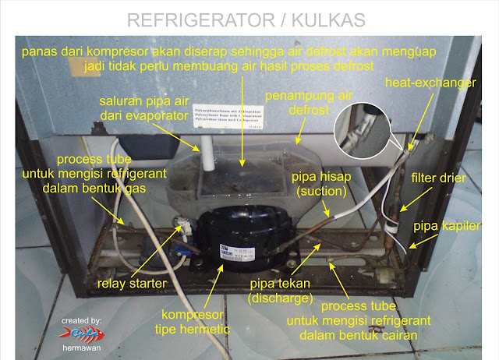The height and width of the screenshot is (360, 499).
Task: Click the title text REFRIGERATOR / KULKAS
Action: (x=249, y=17)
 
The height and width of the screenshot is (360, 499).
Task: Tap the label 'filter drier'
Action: (x=438, y=178)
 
